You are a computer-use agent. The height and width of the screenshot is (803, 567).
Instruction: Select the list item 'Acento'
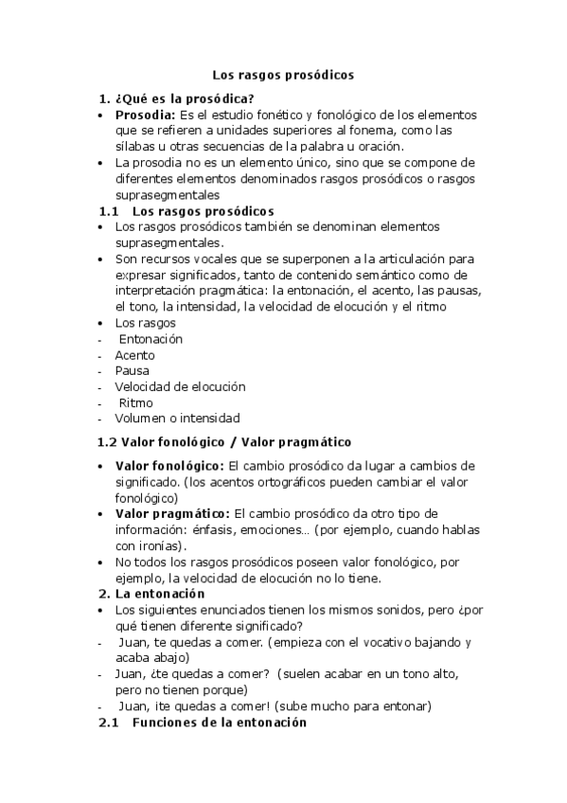pos(135,354)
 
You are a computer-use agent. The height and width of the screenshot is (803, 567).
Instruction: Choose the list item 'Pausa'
pos(133,370)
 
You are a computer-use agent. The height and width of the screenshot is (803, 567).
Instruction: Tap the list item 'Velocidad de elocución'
pos(180,386)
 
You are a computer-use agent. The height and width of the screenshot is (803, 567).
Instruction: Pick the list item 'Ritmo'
pos(136,402)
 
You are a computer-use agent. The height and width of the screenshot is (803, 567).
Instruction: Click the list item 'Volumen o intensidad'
pos(177,418)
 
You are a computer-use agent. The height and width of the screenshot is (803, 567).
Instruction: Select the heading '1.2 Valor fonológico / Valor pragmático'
pos(224,441)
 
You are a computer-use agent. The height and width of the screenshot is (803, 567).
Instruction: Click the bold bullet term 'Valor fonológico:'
pos(169,465)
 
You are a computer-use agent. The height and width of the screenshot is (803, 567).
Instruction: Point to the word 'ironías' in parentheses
pos(161,545)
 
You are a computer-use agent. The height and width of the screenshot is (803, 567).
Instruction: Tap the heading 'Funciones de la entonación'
pos(220,722)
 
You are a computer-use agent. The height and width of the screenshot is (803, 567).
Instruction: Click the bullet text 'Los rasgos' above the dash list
pos(145,322)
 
